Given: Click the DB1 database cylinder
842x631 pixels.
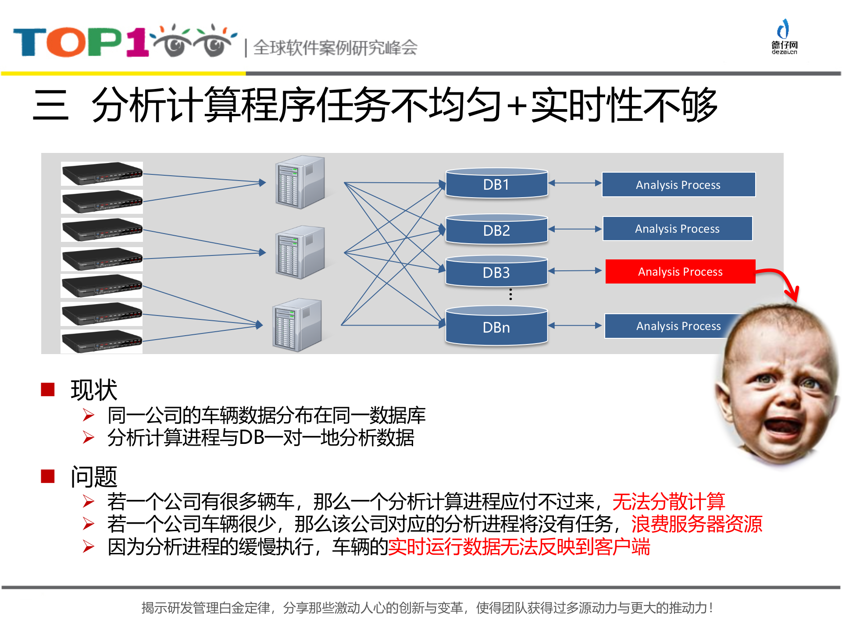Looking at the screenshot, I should pyautogui.click(x=496, y=184).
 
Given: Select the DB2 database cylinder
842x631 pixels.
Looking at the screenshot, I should pyautogui.click(x=496, y=230).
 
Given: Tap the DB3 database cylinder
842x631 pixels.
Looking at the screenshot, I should pyautogui.click(x=496, y=272).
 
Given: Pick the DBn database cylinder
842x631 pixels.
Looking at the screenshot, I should pyautogui.click(x=496, y=327).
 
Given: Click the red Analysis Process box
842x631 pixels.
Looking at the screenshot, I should pyautogui.click(x=680, y=272).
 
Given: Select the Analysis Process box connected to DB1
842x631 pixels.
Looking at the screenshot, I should pyautogui.click(x=678, y=184).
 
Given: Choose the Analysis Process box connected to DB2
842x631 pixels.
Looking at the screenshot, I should pyautogui.click(x=678, y=229).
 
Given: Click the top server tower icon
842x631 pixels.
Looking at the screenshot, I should pyautogui.click(x=300, y=182).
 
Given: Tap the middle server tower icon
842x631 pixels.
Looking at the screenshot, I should pyautogui.click(x=300, y=252).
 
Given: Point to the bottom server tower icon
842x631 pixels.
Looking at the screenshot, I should pyautogui.click(x=297, y=325).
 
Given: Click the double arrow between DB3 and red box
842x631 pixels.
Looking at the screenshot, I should pyautogui.click(x=574, y=271).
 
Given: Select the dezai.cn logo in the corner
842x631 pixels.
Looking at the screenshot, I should pyautogui.click(x=784, y=37).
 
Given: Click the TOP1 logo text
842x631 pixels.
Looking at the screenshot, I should pyautogui.click(x=81, y=43).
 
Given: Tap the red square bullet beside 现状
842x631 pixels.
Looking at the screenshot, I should pyautogui.click(x=47, y=389).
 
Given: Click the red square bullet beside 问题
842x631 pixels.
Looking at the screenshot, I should pyautogui.click(x=47, y=476).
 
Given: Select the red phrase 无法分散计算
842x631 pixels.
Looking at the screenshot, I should pyautogui.click(x=668, y=501).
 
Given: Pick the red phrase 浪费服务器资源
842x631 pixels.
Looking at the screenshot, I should pyautogui.click(x=696, y=524).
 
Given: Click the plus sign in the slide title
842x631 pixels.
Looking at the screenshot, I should pyautogui.click(x=517, y=106).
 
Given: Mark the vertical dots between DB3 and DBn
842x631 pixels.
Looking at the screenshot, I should pyautogui.click(x=510, y=294).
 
